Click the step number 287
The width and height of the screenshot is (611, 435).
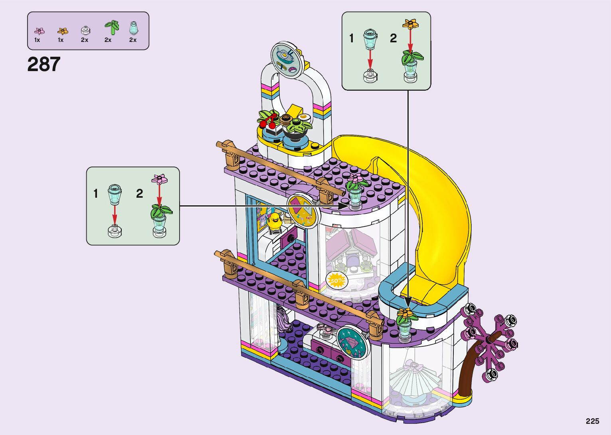click(x=44, y=64)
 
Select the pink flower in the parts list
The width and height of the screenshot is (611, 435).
click(x=39, y=31)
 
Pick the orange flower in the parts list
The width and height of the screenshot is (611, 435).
click(x=63, y=31)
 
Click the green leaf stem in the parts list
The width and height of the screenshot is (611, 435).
click(x=112, y=27)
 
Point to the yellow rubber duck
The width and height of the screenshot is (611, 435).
click(x=274, y=221)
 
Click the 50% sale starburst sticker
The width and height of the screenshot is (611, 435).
click(x=336, y=280)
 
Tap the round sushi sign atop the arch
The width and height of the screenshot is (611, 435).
click(x=287, y=60)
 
